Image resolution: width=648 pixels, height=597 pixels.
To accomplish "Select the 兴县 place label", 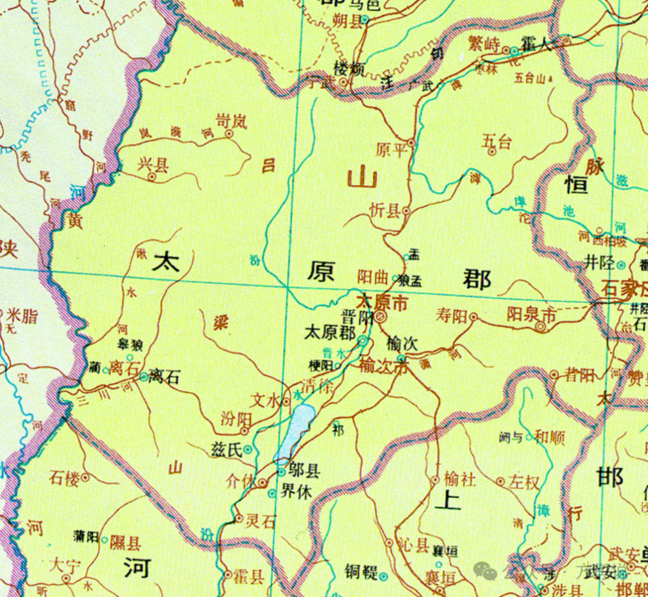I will point(152,164).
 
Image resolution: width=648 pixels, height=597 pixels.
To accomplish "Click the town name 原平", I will point(391,149).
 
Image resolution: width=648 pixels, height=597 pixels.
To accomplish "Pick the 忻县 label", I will point(385,211).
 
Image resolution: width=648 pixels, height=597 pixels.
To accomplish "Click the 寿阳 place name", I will point(451,316).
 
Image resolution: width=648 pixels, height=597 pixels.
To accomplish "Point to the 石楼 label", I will point(64,478).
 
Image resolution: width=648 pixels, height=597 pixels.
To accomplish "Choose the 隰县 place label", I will point(125,543).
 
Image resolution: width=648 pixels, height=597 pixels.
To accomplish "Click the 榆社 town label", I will point(459,480).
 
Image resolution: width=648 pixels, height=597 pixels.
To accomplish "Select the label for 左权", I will point(524,482).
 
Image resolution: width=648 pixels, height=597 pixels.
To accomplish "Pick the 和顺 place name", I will point(549,437).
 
